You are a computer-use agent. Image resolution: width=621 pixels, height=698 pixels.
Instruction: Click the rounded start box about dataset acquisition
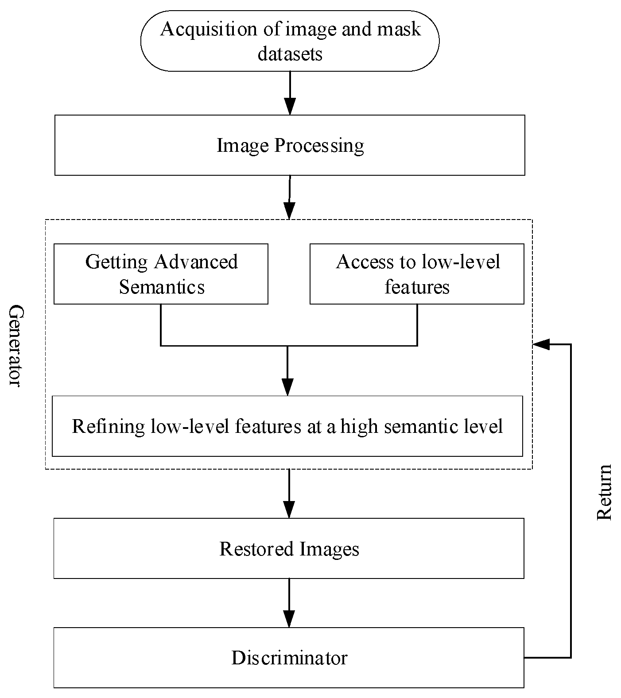click(290, 41)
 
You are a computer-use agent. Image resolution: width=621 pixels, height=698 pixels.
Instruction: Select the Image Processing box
click(290, 145)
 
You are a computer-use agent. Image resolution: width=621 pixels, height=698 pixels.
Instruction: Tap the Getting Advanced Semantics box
click(161, 274)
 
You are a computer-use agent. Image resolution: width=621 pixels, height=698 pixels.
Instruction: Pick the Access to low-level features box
click(417, 274)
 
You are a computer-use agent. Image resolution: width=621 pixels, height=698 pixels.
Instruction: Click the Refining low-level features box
click(287, 426)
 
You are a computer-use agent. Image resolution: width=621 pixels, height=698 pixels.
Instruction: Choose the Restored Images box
click(289, 549)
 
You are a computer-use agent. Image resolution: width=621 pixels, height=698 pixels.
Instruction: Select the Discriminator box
click(289, 658)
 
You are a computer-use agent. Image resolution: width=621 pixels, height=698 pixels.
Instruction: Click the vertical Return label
click(604, 492)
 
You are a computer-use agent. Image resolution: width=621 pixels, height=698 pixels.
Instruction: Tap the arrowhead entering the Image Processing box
click(290, 108)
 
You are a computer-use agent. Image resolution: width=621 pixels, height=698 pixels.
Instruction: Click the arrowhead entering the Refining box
click(288, 388)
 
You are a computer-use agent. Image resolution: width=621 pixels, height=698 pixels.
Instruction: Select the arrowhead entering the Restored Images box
click(289, 510)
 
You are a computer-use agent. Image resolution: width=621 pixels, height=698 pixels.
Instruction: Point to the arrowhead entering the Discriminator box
click(289, 619)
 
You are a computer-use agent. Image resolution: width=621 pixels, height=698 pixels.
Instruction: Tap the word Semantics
click(162, 287)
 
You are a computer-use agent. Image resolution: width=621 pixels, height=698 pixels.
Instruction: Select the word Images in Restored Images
click(329, 549)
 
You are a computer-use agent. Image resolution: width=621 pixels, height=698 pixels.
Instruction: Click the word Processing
click(319, 146)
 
